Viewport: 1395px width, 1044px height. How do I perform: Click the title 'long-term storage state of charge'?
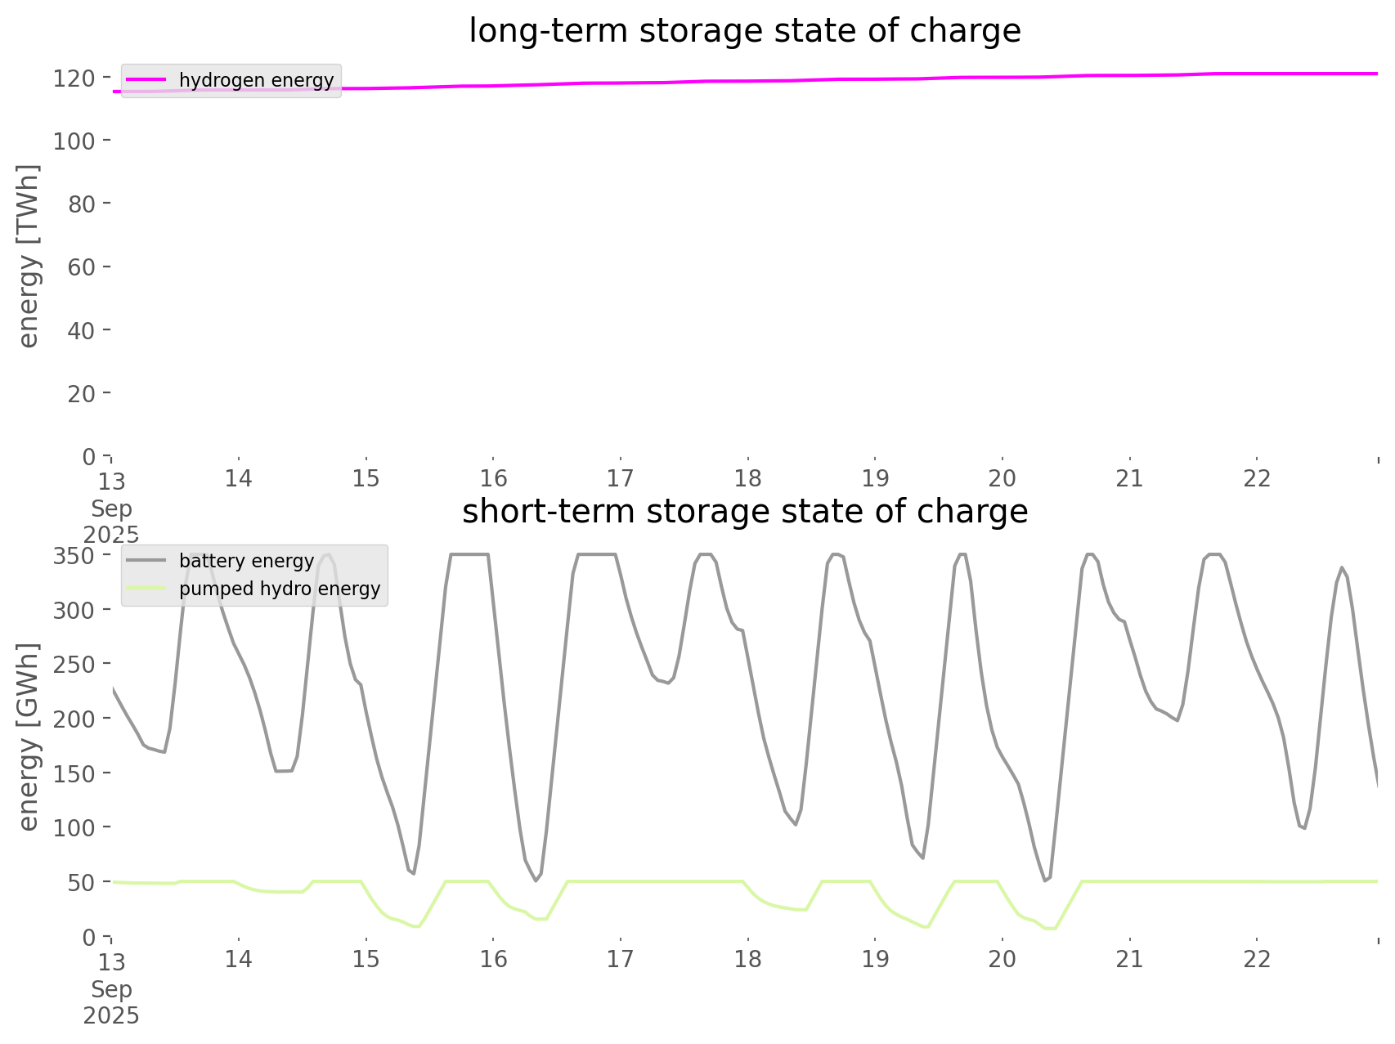(x=744, y=31)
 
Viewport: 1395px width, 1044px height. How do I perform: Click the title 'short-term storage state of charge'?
(x=744, y=512)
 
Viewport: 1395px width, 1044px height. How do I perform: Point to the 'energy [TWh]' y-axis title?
(x=29, y=256)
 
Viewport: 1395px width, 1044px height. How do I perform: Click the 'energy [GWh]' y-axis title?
(x=29, y=737)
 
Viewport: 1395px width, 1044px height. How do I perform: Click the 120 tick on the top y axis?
(x=74, y=78)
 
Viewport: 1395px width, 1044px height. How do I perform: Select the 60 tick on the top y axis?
(x=80, y=267)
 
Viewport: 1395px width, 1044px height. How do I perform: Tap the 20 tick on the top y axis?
(x=80, y=393)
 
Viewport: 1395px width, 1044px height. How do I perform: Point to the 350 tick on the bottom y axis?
(x=74, y=556)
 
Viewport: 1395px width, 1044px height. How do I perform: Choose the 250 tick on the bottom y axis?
(x=74, y=665)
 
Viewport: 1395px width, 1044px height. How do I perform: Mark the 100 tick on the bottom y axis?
(x=74, y=827)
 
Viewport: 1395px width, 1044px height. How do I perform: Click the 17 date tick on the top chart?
(x=621, y=477)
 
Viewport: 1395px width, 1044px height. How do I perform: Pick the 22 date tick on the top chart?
(x=1257, y=477)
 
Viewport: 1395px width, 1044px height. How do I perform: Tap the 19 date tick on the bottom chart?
(x=875, y=958)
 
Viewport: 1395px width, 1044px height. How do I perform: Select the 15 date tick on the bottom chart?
(x=366, y=958)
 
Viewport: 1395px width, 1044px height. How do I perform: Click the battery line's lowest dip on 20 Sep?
(x=1045, y=880)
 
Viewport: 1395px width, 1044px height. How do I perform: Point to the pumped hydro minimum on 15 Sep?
(x=417, y=926)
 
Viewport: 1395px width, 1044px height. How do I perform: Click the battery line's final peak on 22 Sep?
(x=1341, y=567)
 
